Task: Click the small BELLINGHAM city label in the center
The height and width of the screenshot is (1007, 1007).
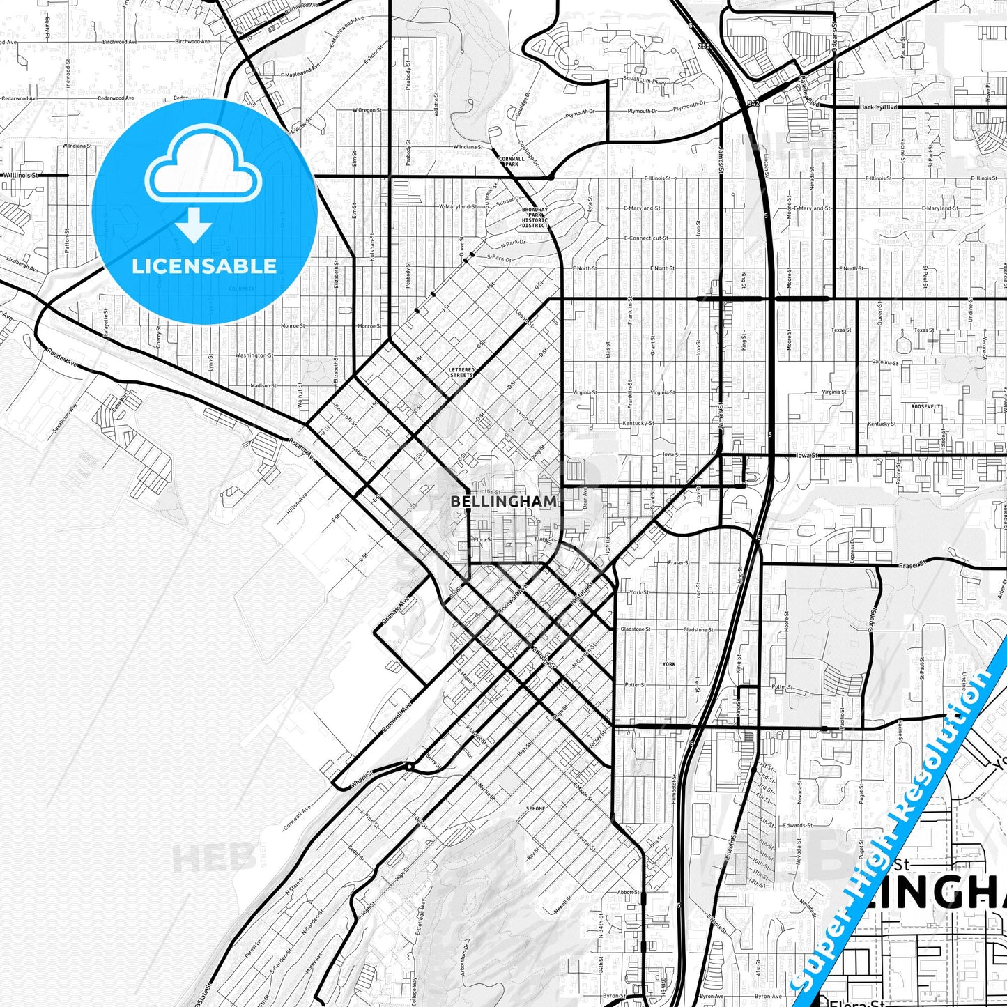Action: pyautogui.click(x=503, y=501)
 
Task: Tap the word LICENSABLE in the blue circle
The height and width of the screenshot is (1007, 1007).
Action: pyautogui.click(x=204, y=266)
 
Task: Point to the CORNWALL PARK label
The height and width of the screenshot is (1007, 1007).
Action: pyautogui.click(x=512, y=161)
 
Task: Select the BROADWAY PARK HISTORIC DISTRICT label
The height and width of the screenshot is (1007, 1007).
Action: pyautogui.click(x=535, y=217)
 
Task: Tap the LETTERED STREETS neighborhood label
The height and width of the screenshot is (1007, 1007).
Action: pyautogui.click(x=461, y=373)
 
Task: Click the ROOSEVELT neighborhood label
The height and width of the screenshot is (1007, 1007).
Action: pyautogui.click(x=925, y=406)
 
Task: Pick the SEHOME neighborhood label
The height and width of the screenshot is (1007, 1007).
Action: pyautogui.click(x=535, y=808)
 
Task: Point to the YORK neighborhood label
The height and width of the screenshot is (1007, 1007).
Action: pyautogui.click(x=669, y=664)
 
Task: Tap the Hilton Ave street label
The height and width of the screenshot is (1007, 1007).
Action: pyautogui.click(x=297, y=505)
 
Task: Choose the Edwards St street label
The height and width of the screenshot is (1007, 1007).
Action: pyautogui.click(x=799, y=825)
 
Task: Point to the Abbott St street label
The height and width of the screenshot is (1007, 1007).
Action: pyautogui.click(x=627, y=892)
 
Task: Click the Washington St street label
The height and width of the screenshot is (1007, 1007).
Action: pyautogui.click(x=254, y=355)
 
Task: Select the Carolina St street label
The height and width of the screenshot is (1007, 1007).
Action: pyautogui.click(x=884, y=362)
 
